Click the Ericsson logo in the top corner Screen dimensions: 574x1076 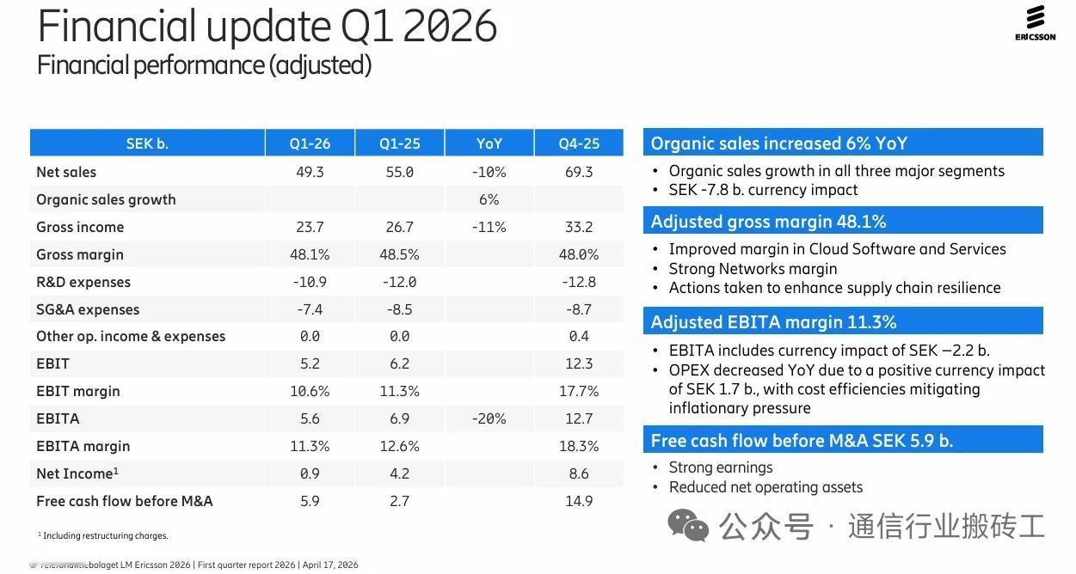click(1035, 23)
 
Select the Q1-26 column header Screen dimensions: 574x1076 click(310, 143)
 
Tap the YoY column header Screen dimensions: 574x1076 click(489, 143)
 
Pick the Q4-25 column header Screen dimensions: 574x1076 click(578, 143)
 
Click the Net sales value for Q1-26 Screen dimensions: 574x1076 click(310, 172)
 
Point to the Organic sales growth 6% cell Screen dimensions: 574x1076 click(489, 199)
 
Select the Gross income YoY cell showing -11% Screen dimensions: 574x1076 click(489, 227)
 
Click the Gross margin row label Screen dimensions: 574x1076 click(80, 254)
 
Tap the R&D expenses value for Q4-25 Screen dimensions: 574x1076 click(578, 282)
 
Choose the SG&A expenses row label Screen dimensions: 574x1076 click(88, 309)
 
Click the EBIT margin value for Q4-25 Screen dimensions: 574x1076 click(578, 391)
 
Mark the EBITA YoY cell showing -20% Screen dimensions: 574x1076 click(489, 418)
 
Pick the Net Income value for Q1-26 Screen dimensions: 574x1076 click(310, 473)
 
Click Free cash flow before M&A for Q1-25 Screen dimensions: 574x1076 click(399, 501)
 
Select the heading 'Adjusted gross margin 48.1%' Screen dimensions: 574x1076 click(768, 222)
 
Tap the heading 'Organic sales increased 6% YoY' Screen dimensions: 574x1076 click(778, 143)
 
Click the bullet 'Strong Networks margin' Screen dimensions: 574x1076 click(753, 268)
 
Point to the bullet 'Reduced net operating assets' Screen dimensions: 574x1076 click(765, 487)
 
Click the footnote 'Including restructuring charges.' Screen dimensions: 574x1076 click(105, 535)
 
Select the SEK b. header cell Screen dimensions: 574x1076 click(147, 143)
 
